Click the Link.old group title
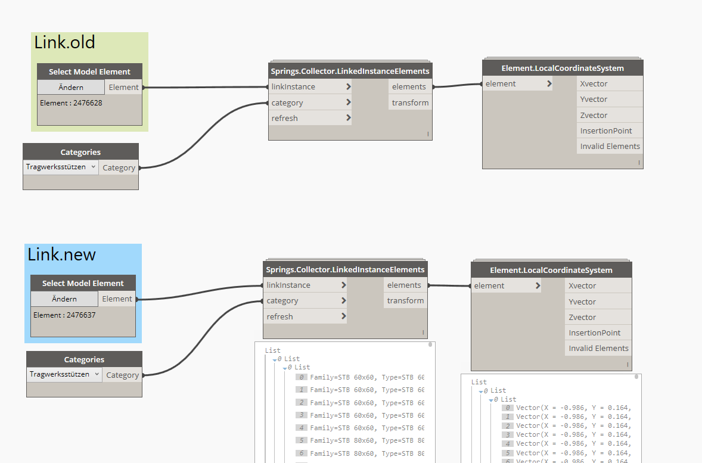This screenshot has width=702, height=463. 65,43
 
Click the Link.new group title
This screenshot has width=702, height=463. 62,255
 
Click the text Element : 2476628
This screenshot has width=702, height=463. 71,103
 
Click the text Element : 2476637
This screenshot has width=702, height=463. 64,315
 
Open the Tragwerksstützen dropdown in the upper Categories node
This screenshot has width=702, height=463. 61,167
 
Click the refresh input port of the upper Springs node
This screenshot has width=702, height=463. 310,118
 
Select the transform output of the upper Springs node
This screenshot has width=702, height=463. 410,102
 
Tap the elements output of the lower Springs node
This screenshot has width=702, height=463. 404,285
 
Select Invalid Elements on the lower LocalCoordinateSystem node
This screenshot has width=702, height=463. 598,348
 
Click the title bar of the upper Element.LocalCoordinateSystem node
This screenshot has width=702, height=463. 563,68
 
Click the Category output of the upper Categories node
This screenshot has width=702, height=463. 119,167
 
